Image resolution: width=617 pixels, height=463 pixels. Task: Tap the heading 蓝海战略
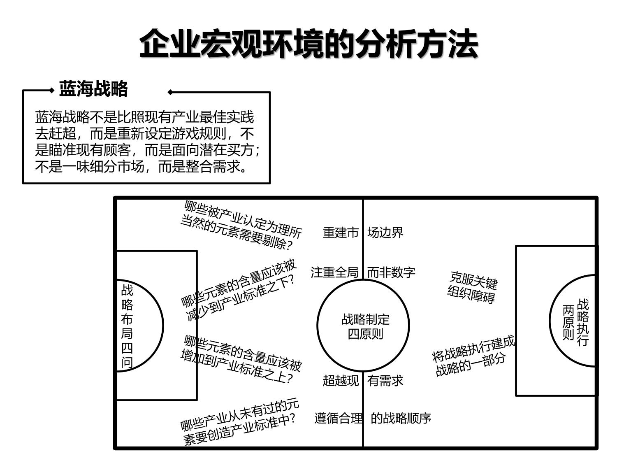(93, 89)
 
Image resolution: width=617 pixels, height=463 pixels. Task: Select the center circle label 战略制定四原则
(365, 326)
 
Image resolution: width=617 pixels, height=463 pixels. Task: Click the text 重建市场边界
(363, 233)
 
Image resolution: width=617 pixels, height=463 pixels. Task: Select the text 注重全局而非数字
(363, 272)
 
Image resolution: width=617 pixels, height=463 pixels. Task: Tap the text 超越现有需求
(363, 381)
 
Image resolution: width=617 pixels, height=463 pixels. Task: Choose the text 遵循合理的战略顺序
(372, 418)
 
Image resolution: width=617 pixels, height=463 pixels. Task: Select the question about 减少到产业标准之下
(239, 291)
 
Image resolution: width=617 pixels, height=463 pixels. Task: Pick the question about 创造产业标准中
(239, 423)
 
